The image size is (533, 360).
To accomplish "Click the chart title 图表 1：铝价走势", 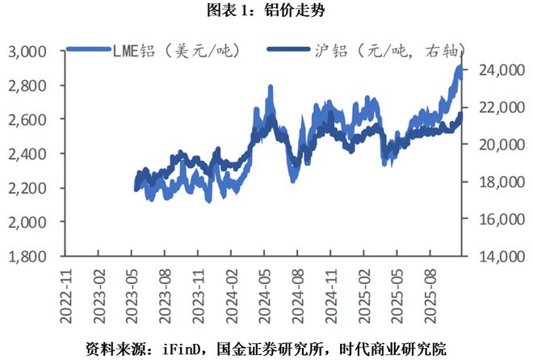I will [266, 10].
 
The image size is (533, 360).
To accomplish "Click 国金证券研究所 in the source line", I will [271, 348].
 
